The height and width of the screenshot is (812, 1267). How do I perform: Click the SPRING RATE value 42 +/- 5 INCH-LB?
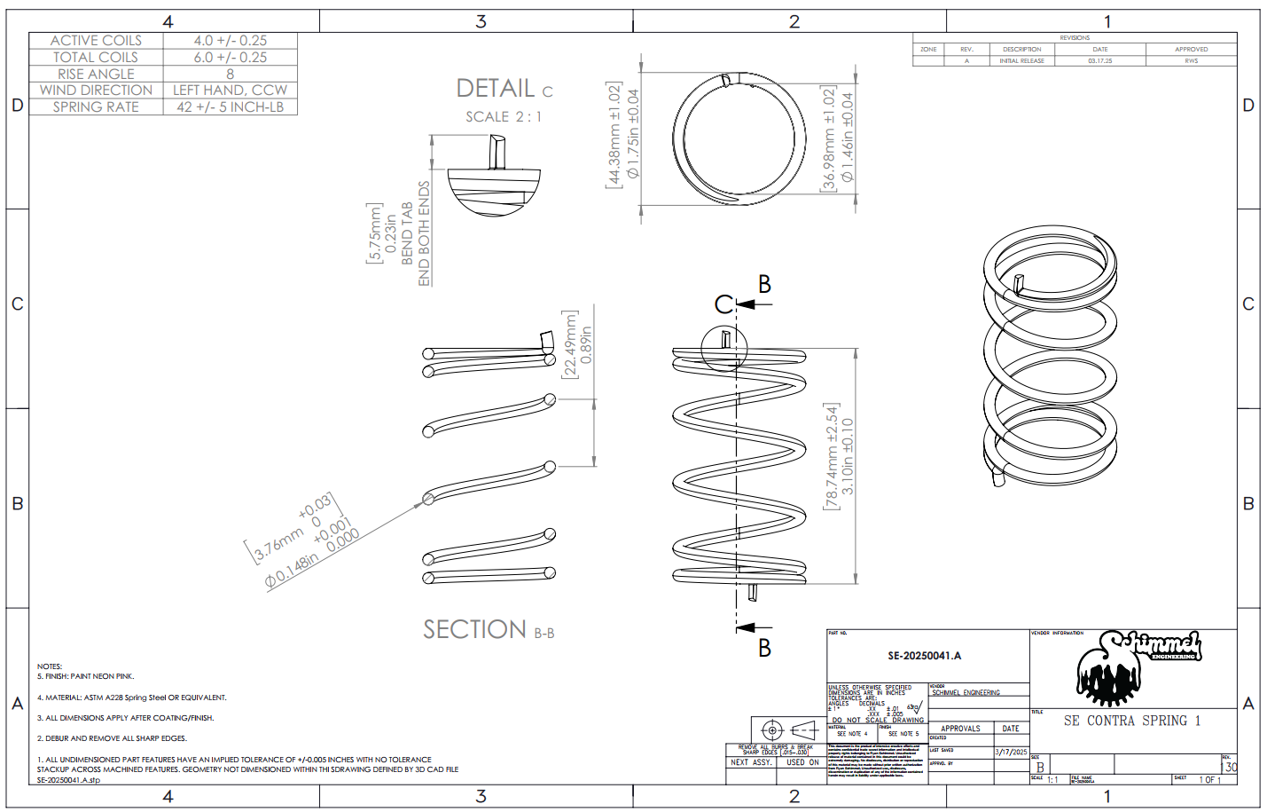(230, 106)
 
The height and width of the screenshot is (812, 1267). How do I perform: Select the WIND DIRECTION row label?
(96, 91)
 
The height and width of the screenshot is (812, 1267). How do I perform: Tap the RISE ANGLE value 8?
(230, 75)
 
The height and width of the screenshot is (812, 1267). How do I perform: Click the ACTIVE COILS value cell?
(230, 41)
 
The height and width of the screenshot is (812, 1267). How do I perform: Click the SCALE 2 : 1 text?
(503, 117)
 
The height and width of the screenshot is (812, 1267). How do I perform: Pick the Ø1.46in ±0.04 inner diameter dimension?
(847, 138)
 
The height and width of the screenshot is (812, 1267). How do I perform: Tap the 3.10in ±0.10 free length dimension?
(847, 456)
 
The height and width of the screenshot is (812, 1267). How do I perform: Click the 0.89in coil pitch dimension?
(586, 344)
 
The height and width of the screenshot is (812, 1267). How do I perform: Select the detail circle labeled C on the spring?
(724, 348)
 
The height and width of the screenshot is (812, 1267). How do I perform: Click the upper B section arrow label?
(764, 285)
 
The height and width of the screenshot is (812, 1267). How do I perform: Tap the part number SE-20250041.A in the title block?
(924, 656)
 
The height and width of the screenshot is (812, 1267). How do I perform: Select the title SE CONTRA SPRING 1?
(1131, 721)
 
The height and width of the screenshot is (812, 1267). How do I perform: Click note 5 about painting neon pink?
(85, 676)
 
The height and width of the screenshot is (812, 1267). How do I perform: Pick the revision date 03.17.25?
(1099, 61)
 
